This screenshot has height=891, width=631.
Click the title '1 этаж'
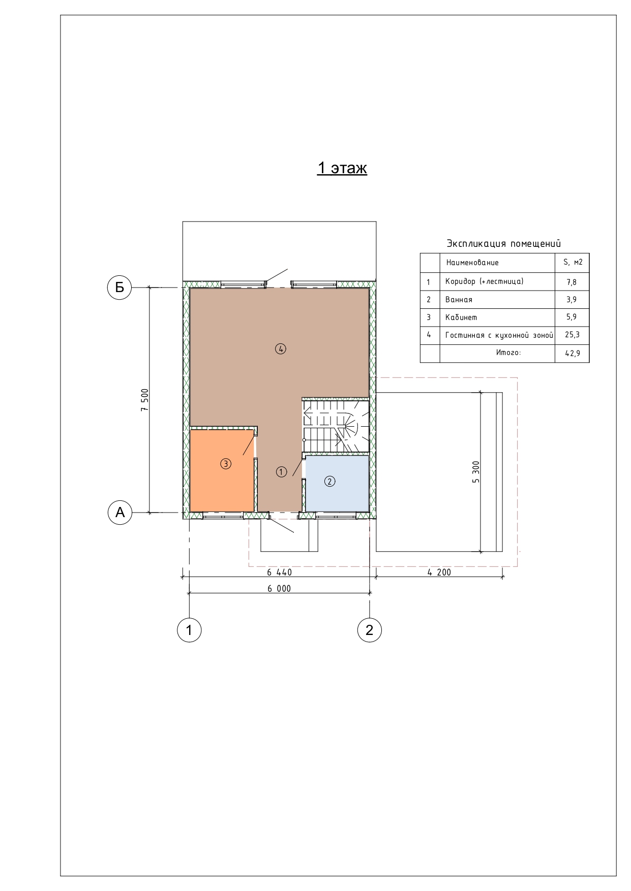(x=342, y=168)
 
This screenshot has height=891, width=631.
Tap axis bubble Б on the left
(x=119, y=288)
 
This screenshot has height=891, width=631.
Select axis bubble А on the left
(x=119, y=512)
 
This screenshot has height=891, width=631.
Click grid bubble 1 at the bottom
(x=189, y=630)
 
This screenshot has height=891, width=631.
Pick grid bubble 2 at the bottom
(x=369, y=630)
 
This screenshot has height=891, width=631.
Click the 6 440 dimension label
(x=280, y=572)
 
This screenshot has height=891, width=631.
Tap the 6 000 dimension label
(x=279, y=588)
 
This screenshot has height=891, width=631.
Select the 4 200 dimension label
(x=439, y=572)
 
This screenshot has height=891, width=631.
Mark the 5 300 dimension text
(x=476, y=472)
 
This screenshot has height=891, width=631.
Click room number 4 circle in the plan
(x=281, y=348)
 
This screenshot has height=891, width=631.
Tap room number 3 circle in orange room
(x=226, y=463)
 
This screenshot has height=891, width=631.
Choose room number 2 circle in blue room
(x=329, y=481)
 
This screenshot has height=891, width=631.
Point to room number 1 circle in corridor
(x=281, y=471)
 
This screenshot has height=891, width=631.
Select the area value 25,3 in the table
(x=572, y=335)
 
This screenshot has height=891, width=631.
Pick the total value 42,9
(x=572, y=353)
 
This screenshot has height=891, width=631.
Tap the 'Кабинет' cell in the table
(x=461, y=317)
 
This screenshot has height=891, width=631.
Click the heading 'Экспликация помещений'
(x=504, y=244)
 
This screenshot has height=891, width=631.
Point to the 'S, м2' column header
(x=573, y=263)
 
